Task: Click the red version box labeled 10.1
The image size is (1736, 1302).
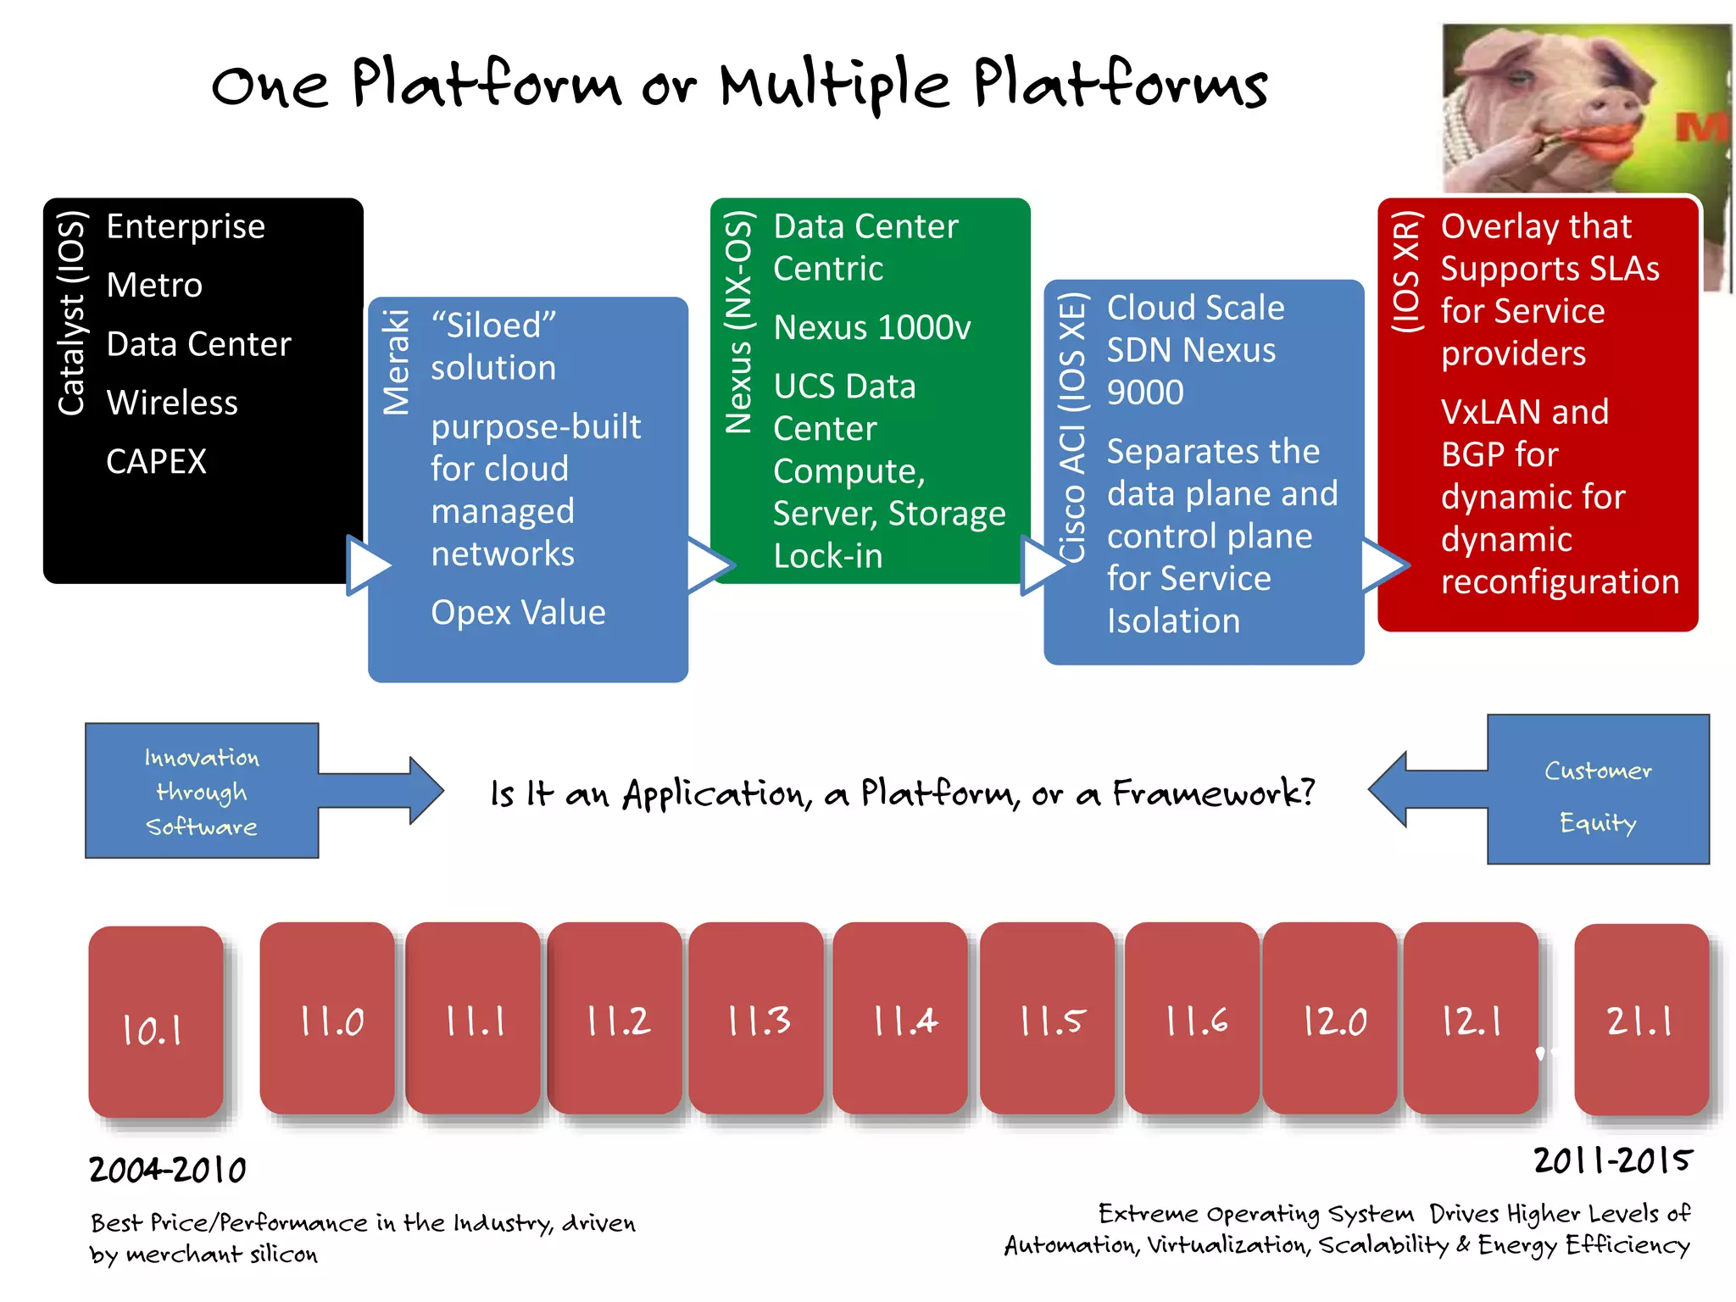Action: click(155, 1021)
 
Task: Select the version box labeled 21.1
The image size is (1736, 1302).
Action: click(1641, 1020)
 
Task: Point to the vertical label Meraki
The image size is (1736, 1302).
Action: click(396, 362)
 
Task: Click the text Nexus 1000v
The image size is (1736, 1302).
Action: click(871, 328)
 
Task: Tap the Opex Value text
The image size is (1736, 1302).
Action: click(518, 613)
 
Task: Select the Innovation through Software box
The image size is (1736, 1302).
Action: click(202, 791)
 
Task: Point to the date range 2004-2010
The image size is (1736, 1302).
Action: click(168, 1171)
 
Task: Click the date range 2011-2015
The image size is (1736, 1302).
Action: click(1612, 1160)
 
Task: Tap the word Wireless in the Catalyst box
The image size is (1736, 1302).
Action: click(172, 403)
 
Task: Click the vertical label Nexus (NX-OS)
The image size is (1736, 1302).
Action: click(738, 322)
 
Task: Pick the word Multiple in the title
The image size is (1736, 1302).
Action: click(835, 85)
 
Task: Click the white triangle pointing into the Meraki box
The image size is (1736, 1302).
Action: click(367, 565)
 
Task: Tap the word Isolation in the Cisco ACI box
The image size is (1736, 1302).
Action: click(1173, 621)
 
